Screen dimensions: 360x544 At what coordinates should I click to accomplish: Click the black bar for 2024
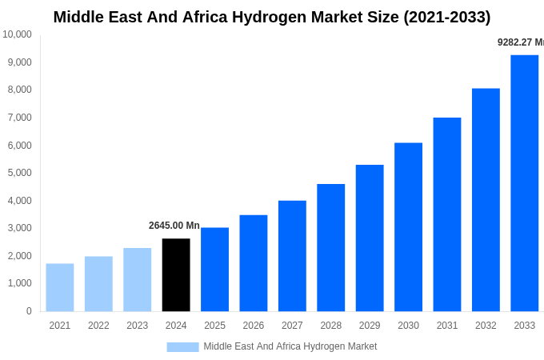point(176,274)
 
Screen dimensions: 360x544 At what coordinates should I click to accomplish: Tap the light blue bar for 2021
point(60,287)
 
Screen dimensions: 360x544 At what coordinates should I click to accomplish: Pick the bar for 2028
point(330,247)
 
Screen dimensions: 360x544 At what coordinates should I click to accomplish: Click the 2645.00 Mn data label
point(174,226)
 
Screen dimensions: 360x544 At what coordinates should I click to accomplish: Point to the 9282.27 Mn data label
point(520,42)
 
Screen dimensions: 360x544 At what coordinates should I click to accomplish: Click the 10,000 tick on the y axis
point(17,34)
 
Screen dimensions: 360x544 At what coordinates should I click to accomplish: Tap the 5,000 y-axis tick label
point(19,173)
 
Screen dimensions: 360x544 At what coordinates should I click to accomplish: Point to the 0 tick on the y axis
point(29,311)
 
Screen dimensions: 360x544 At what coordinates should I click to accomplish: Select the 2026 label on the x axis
point(254,326)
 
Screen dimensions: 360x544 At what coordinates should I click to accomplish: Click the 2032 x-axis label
point(486,326)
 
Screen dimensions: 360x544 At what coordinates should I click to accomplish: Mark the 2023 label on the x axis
point(138,326)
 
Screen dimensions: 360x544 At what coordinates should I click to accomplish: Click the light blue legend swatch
point(182,346)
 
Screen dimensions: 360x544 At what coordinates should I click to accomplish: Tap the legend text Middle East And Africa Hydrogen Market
point(290,346)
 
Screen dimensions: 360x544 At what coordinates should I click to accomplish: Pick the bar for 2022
point(98,283)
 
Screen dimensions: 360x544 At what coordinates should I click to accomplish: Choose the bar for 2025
point(214,269)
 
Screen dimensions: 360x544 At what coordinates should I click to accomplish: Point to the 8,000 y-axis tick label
point(19,90)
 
